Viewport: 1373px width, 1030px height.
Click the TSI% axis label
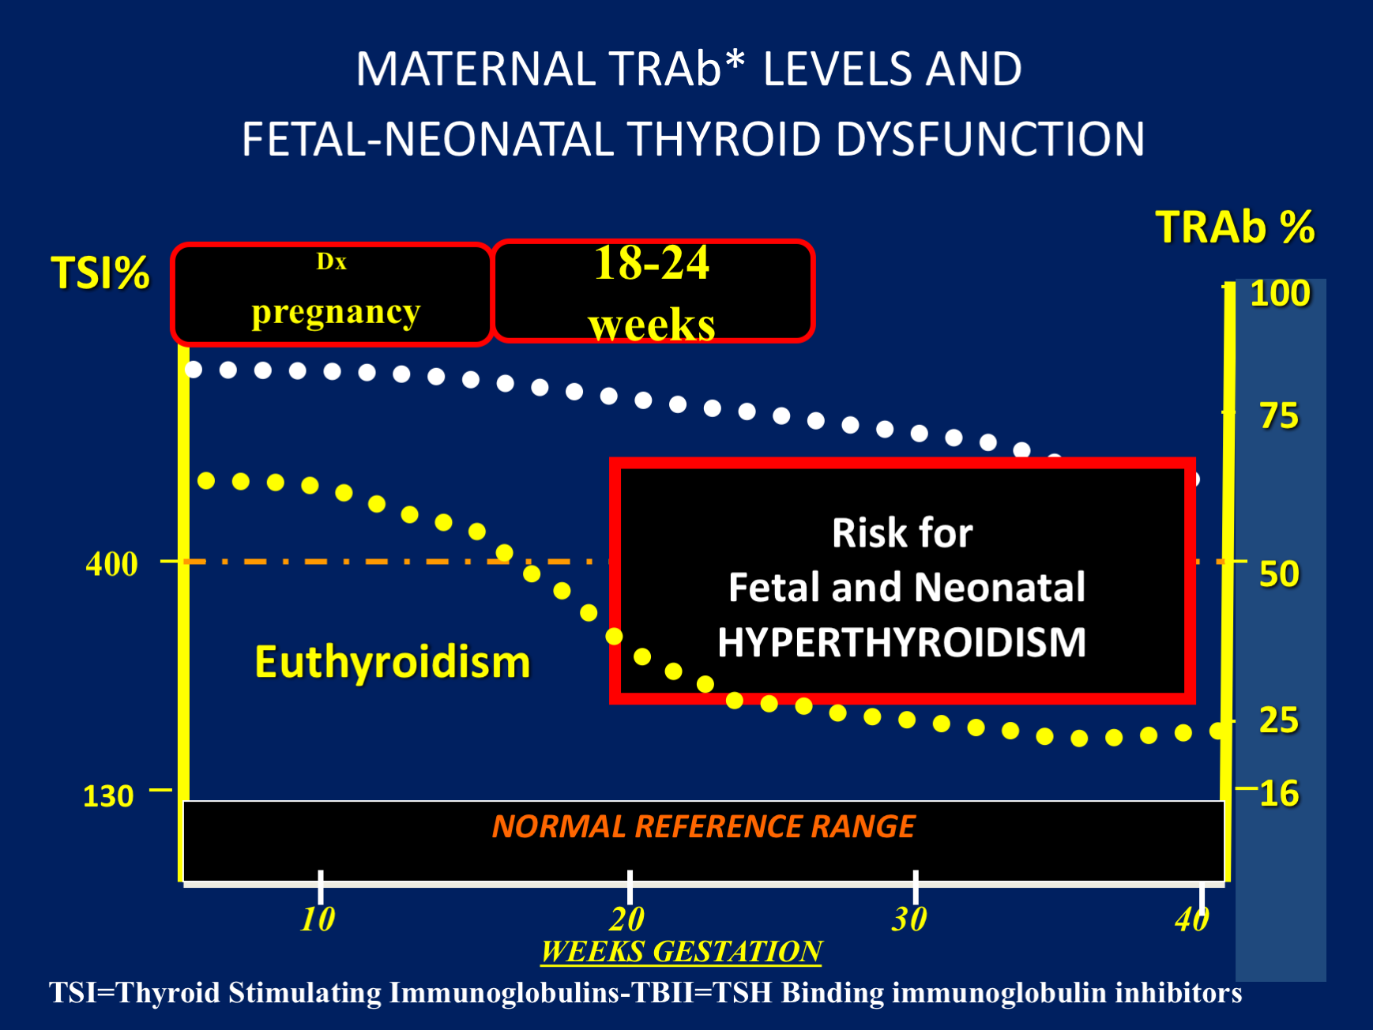[x=100, y=273]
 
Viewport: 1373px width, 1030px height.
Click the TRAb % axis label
[x=1234, y=227]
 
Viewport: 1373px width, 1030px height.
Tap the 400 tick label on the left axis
[x=111, y=564]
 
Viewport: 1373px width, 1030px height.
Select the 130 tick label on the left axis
[x=108, y=795]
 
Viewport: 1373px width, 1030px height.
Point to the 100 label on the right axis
[x=1280, y=294]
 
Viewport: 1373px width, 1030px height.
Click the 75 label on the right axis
[x=1278, y=416]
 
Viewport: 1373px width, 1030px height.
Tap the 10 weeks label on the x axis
[x=318, y=919]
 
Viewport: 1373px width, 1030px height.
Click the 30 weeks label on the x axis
[x=909, y=919]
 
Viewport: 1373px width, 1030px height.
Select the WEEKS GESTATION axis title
[x=682, y=951]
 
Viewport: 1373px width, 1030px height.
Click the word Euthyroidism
[x=392, y=662]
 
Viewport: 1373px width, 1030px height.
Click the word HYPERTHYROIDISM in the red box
[x=901, y=642]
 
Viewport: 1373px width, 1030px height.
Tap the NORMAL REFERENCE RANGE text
[x=703, y=826]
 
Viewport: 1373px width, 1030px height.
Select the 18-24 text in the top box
[x=652, y=263]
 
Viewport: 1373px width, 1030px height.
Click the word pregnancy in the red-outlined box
[x=336, y=313]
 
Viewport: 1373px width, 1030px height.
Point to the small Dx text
[x=331, y=261]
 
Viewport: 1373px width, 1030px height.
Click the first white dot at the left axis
[x=194, y=370]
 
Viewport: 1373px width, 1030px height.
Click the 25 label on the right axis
[x=1278, y=720]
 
